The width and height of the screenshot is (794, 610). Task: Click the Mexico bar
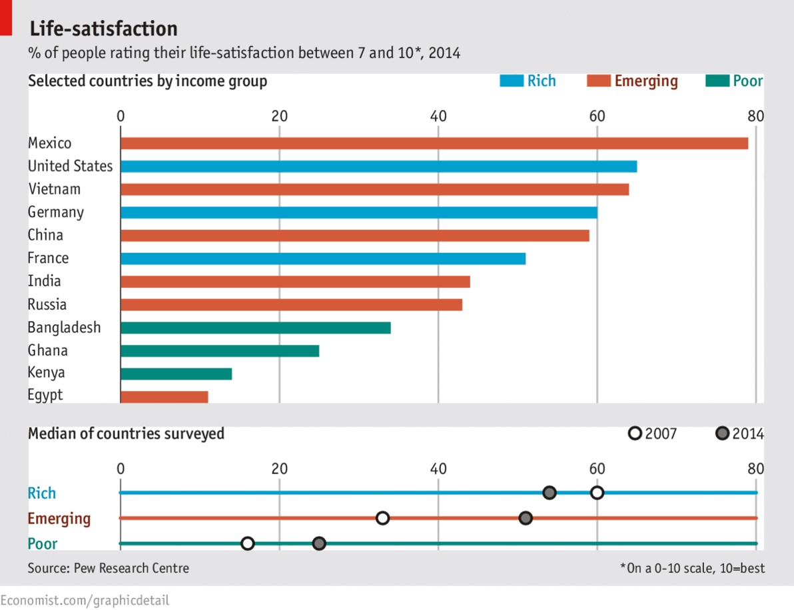(434, 143)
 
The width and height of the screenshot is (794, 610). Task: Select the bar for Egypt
(164, 396)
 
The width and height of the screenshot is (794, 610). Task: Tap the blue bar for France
(323, 258)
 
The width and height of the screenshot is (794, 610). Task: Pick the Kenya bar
(176, 374)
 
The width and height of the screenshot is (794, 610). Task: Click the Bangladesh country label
(64, 328)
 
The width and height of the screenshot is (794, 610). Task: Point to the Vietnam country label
(54, 189)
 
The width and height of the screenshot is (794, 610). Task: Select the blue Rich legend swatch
(512, 81)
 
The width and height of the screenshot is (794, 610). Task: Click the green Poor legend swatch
(716, 81)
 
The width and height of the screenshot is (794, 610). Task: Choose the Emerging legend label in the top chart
(645, 81)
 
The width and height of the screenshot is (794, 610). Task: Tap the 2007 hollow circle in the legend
(635, 434)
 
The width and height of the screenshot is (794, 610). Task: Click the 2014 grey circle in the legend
(722, 434)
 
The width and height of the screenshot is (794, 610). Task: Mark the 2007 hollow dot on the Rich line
(597, 493)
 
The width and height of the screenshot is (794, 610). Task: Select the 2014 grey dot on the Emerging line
(526, 518)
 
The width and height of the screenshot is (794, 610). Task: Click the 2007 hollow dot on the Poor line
(247, 543)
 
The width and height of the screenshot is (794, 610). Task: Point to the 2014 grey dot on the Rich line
(549, 493)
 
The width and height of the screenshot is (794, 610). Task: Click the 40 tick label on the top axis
(438, 115)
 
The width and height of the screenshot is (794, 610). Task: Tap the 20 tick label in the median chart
(279, 468)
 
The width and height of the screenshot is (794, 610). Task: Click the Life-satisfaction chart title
(103, 29)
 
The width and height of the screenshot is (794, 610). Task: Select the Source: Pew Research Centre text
(108, 568)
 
